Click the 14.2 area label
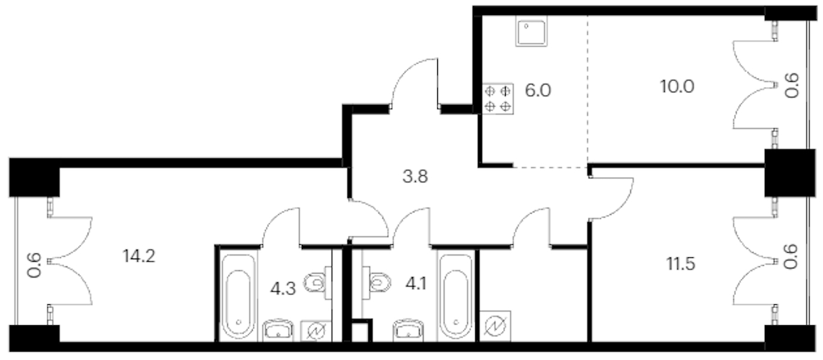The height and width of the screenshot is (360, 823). (139, 256)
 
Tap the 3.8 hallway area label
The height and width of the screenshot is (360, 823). (415, 176)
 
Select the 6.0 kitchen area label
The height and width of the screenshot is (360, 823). (538, 91)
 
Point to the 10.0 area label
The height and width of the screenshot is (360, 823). (677, 86)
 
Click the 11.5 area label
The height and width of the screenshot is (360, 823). (681, 264)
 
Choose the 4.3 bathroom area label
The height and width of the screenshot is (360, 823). (283, 289)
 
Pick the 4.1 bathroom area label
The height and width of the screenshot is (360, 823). (416, 284)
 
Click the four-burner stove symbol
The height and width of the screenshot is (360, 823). (498, 98)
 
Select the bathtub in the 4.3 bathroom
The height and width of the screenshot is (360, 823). (239, 296)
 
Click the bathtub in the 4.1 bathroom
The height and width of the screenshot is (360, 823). (456, 296)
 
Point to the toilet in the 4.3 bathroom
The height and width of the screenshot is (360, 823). (317, 283)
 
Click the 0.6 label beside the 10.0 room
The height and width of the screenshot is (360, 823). (792, 86)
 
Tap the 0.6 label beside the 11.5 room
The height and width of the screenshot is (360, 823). (791, 257)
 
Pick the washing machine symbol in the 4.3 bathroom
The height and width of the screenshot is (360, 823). (316, 331)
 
